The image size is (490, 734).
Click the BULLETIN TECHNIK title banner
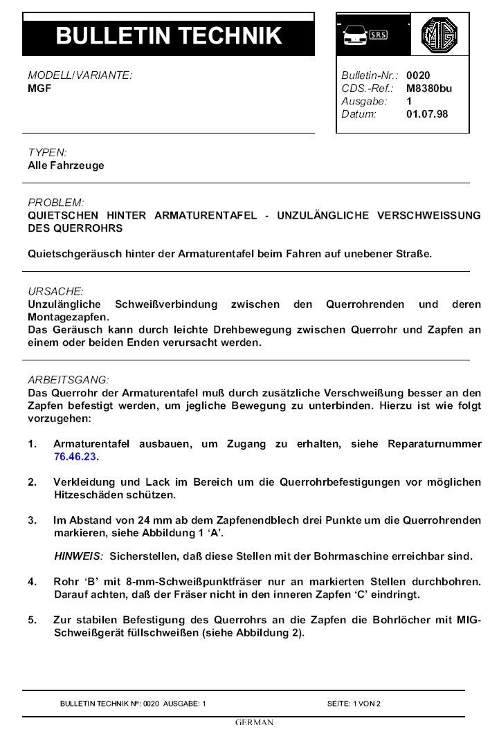pyautogui.click(x=168, y=35)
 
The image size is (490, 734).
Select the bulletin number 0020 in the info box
pyautogui.click(x=418, y=75)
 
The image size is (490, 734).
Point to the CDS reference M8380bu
pyautogui.click(x=429, y=88)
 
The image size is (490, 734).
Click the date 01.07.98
pyautogui.click(x=427, y=113)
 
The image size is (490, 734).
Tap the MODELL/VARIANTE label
pyautogui.click(x=80, y=75)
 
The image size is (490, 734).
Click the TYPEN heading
pyautogui.click(x=47, y=152)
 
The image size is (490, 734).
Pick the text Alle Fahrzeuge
pyautogui.click(x=66, y=165)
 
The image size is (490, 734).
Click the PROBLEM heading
pyautogui.click(x=55, y=203)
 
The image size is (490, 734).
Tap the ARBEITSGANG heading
pyautogui.click(x=68, y=380)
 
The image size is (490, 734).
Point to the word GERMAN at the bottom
pyautogui.click(x=254, y=723)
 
